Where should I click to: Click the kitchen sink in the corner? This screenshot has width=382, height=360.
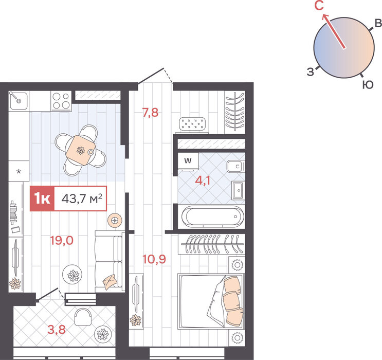[19, 101]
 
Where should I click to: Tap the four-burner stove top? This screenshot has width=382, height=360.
[61, 101]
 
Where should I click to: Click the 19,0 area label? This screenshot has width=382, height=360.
[62, 241]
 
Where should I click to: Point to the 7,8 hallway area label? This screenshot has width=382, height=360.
[150, 113]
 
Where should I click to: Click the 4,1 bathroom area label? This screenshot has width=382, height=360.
[203, 181]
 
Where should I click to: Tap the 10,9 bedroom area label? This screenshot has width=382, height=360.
[154, 259]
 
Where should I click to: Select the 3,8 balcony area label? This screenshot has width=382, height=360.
[57, 330]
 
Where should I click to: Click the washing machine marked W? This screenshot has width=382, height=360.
[188, 161]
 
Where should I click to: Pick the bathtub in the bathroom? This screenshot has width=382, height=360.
[213, 217]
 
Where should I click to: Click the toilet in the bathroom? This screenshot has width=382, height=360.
[235, 167]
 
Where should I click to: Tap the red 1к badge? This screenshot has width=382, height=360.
[42, 199]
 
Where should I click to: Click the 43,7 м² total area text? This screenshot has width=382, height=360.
[82, 199]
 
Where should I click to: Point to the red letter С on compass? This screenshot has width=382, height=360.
[319, 5]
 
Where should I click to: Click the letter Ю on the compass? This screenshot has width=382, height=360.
[368, 85]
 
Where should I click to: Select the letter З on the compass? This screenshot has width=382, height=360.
[311, 72]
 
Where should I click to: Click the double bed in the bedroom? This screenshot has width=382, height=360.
[211, 301]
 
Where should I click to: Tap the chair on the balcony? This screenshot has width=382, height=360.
[83, 317]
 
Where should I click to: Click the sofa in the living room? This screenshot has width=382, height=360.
[110, 261]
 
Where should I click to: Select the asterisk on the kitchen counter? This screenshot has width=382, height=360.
[19, 172]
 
